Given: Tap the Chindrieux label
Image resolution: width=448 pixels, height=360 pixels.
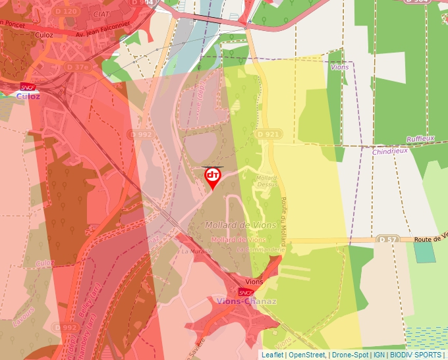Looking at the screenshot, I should coord(390,151).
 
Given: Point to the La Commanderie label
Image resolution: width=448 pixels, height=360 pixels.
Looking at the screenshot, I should coord(260,250).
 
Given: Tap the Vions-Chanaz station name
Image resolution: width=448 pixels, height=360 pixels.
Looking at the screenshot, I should coord(246,301).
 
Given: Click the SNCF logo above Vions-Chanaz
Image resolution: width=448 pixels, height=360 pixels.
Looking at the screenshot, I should coord(246,292).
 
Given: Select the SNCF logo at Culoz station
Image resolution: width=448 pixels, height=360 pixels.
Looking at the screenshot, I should coord(28,86).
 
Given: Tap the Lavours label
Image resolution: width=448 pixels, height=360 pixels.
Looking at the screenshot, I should coord(23,317).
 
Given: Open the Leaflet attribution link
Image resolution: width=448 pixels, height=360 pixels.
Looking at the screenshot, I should coord(272,355).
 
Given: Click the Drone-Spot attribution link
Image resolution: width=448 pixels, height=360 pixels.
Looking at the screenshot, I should coord(350,355).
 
